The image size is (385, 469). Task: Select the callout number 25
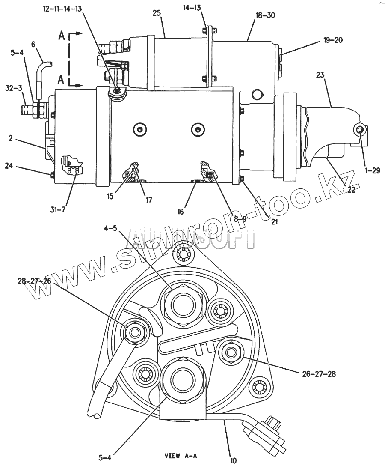click(157, 13)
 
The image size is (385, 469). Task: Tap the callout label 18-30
click(265, 15)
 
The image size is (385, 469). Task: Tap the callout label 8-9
click(240, 218)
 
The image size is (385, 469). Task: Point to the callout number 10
click(233, 461)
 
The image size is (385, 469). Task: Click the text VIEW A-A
click(181, 456)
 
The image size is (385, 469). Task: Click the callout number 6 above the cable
click(34, 44)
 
